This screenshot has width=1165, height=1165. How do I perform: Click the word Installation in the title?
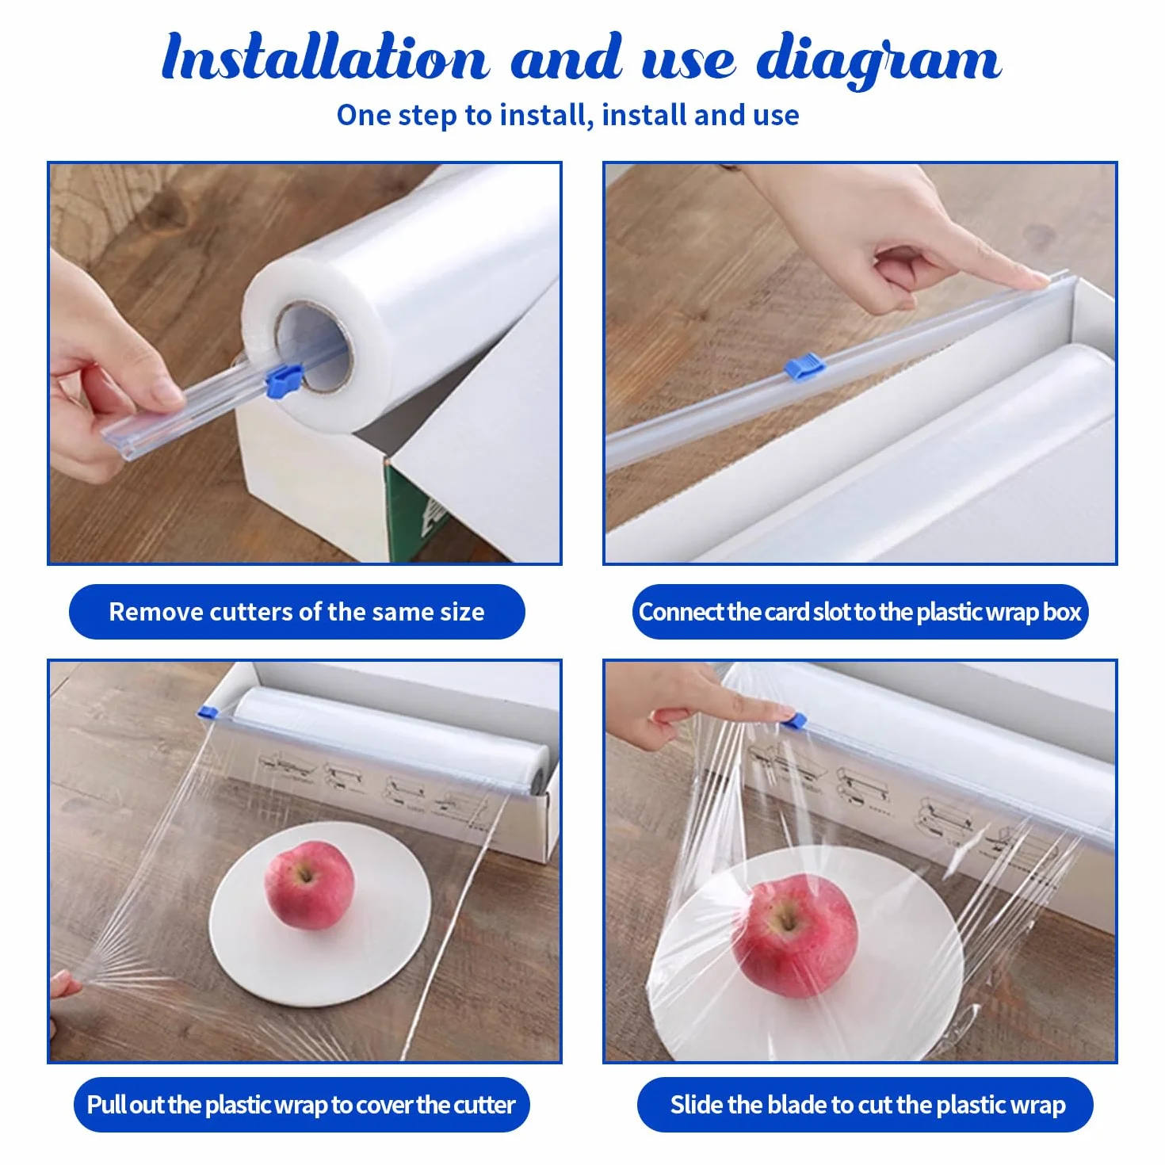325,57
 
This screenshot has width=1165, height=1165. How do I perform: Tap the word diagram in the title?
879,60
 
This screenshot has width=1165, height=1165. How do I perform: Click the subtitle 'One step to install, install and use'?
567,115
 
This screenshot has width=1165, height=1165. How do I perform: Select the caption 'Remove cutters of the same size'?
296,612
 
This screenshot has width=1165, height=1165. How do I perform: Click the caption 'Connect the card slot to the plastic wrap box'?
859,612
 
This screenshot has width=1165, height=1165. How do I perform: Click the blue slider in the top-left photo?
283,381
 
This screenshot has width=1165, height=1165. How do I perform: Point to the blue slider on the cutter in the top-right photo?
804,366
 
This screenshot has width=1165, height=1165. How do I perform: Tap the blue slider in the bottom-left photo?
208,712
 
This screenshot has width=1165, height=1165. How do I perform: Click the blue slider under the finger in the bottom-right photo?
794,720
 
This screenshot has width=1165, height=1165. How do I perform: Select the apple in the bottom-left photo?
309,884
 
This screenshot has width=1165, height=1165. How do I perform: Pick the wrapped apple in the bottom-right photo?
794,935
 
